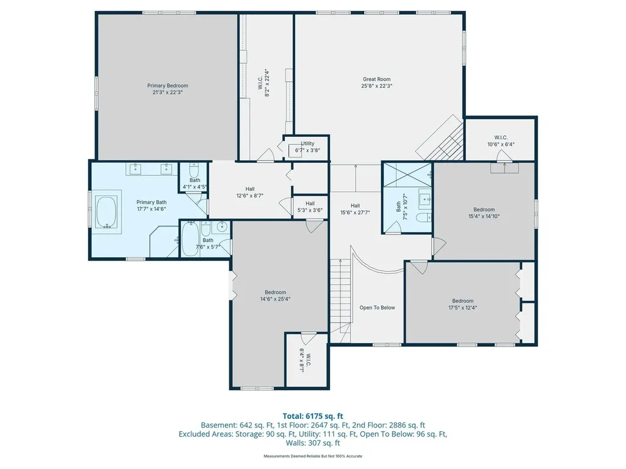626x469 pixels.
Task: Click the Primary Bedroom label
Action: click(x=168, y=89)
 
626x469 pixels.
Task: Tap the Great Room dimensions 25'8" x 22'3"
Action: click(x=377, y=85)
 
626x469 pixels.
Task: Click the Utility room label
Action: click(x=307, y=144)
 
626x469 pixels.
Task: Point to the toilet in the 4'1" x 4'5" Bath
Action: click(x=194, y=170)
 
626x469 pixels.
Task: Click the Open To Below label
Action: click(x=377, y=308)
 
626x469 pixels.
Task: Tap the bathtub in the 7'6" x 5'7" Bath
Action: click(x=190, y=239)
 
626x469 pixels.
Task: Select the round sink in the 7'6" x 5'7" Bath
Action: click(x=221, y=227)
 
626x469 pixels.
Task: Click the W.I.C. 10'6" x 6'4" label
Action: click(x=501, y=141)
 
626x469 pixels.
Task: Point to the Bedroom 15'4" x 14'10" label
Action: click(x=484, y=213)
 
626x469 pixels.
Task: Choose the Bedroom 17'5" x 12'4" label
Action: click(x=463, y=304)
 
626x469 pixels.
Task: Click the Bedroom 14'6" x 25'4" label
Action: click(x=276, y=296)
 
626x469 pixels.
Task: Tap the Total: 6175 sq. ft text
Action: click(x=313, y=416)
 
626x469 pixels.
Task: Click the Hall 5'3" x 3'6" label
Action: click(x=310, y=207)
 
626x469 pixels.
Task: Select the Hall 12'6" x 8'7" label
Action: click(x=250, y=192)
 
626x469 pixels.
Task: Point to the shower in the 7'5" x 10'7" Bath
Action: click(x=407, y=175)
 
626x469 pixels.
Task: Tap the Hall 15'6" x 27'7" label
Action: click(x=355, y=209)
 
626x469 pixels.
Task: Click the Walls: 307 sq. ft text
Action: click(x=313, y=443)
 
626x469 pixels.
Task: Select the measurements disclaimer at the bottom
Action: click(x=313, y=456)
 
